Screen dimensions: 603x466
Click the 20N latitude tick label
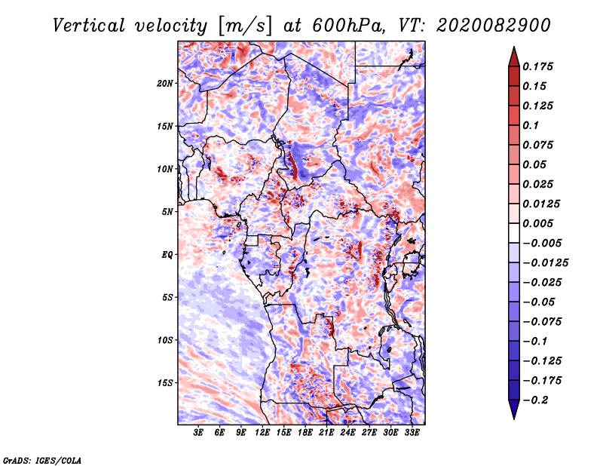(x=165, y=84)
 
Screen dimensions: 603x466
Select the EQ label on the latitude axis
(x=167, y=255)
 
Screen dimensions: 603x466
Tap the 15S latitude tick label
(x=165, y=383)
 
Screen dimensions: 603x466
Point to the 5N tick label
(x=167, y=212)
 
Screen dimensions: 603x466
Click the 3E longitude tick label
(x=198, y=432)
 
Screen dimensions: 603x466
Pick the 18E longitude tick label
(x=305, y=432)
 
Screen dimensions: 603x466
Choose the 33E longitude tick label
(x=412, y=432)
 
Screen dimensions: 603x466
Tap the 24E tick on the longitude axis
(x=347, y=432)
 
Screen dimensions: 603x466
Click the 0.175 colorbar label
(x=538, y=66)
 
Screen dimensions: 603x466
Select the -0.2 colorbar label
(x=535, y=400)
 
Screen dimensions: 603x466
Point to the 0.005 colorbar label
(x=538, y=223)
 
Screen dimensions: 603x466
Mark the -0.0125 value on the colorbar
(x=546, y=263)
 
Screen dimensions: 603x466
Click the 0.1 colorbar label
(x=531, y=125)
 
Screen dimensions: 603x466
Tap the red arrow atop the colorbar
(x=514, y=57)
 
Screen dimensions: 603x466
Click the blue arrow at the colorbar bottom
(x=514, y=409)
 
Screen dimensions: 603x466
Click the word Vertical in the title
(x=89, y=26)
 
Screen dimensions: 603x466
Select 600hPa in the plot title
(x=348, y=26)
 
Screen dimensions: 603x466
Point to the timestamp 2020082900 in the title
(x=494, y=26)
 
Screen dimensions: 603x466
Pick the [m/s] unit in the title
(x=245, y=26)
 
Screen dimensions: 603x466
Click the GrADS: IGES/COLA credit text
(x=42, y=460)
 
